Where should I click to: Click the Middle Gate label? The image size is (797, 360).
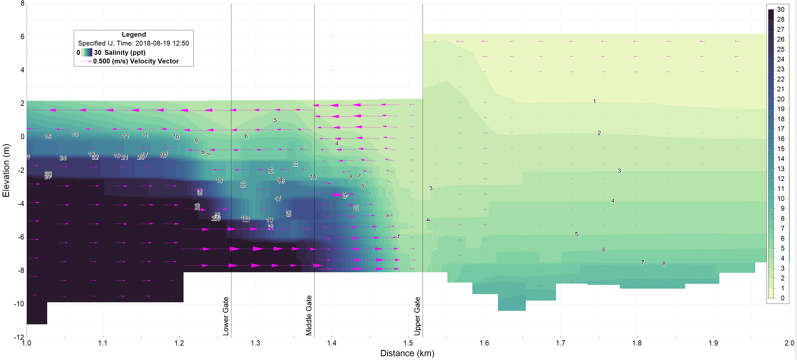coord(309,315)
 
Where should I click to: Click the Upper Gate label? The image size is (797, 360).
coord(417,316)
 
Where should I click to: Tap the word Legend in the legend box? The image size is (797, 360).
coord(134,34)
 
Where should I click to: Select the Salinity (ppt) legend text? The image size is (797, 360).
coord(125,52)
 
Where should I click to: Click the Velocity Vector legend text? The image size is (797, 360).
coord(154,61)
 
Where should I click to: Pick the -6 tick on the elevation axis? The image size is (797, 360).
coord(21,237)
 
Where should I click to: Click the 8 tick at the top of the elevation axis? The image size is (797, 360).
coord(22,3)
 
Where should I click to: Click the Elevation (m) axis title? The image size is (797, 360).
coord(6,170)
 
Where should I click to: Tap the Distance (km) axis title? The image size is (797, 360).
coord(407,353)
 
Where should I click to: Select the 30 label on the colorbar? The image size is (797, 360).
coord(781,10)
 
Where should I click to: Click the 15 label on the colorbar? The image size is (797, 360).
coord(781,149)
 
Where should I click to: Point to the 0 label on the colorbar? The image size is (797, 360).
coord(783,298)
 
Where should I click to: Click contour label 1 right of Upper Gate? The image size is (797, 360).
coord(594,101)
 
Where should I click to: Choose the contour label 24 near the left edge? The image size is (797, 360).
coord(63,158)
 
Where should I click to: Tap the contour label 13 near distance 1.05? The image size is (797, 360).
coord(75,134)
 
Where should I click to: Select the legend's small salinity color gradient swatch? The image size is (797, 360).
coord(87,52)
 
